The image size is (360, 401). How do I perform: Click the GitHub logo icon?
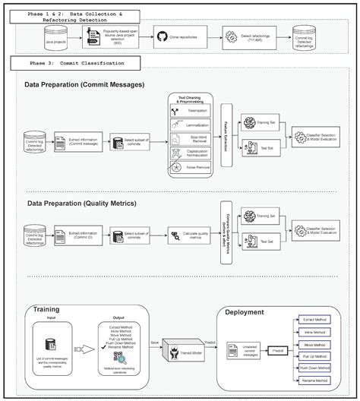162,36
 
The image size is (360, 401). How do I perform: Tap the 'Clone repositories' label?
189,36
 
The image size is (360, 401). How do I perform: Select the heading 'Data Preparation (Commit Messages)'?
84,84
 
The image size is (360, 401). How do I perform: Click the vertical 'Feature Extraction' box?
226,136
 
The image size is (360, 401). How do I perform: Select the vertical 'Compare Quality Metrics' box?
226,232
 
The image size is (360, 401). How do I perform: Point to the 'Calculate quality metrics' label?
194,235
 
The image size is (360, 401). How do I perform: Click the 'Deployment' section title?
244,312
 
